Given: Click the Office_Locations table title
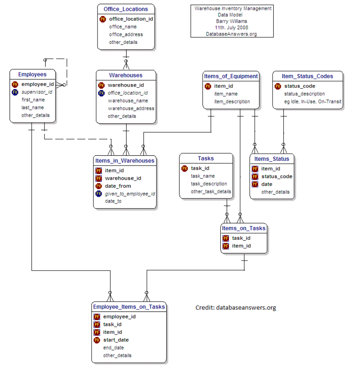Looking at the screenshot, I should click(x=126, y=9).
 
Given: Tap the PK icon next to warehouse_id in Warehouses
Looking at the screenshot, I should click(x=101, y=85).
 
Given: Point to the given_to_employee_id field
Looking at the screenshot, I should click(x=130, y=193).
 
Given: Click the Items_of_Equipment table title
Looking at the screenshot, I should click(x=231, y=76).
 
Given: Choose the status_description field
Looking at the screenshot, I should click(x=304, y=94).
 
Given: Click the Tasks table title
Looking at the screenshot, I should click(x=206, y=158).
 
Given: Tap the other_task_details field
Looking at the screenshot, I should click(x=211, y=191).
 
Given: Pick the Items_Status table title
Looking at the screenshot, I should click(x=272, y=159).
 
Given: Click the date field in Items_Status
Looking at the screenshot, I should click(x=267, y=184).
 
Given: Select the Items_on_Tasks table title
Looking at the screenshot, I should click(x=243, y=228).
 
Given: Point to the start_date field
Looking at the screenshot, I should click(x=116, y=340).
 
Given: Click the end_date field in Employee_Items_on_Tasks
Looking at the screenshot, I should click(x=113, y=348).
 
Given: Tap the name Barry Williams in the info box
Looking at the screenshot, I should click(x=231, y=21).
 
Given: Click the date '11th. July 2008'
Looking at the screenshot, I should click(x=231, y=27).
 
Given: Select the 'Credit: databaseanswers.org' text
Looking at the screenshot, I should click(x=236, y=307).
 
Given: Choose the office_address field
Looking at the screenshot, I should click(x=126, y=34).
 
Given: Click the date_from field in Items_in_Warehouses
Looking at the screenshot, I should click(x=118, y=186).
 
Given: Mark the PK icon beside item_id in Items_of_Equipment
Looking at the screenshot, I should click(x=208, y=86).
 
